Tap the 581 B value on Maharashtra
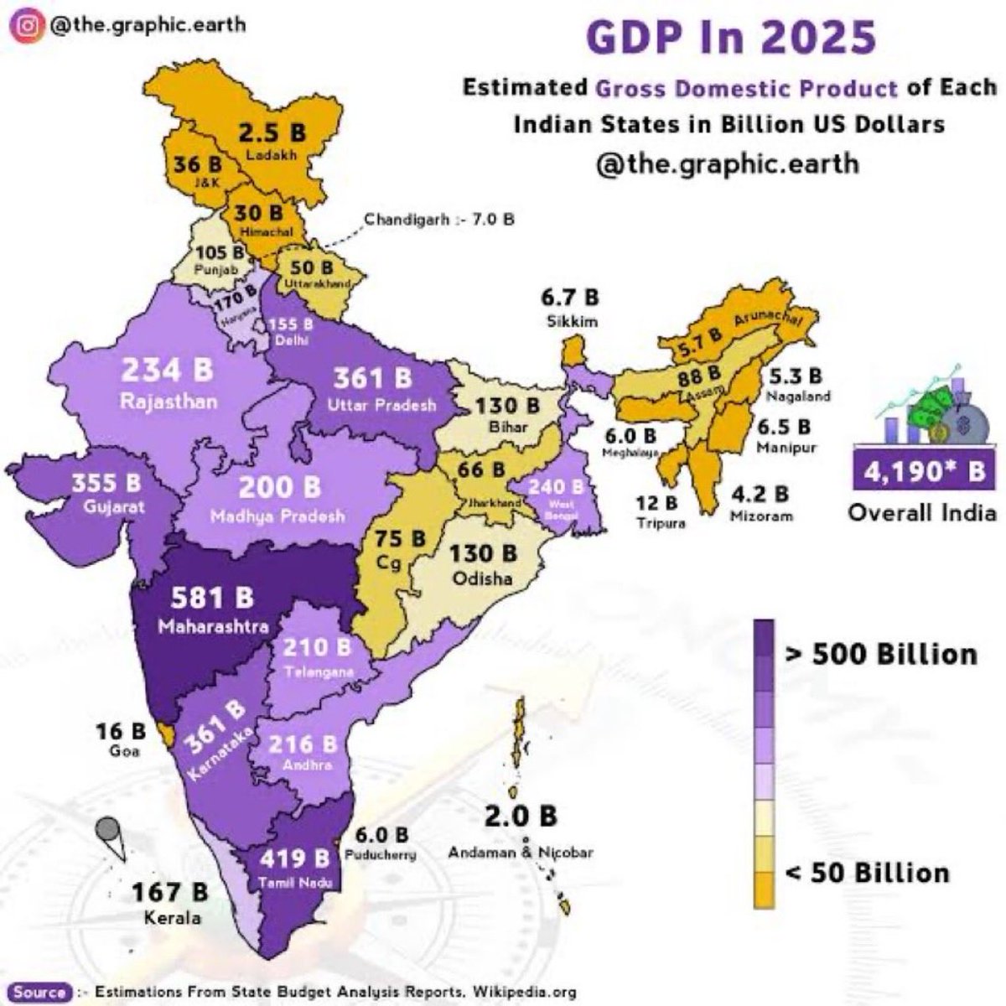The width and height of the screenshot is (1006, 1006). tap(212, 598)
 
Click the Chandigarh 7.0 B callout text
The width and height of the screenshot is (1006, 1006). tap(438, 220)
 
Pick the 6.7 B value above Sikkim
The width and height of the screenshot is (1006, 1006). tap(570, 298)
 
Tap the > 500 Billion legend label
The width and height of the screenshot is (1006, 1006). tap(881, 653)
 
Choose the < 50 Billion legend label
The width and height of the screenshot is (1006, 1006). tap(868, 872)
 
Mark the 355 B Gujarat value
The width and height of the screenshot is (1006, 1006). tap(106, 485)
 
